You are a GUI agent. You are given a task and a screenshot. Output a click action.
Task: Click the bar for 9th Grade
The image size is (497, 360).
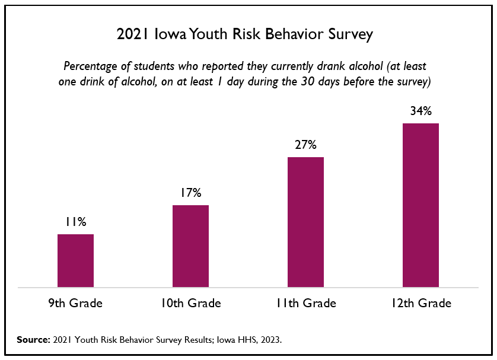tap(75, 261)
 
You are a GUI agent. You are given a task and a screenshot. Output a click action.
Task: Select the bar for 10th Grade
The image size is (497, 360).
tap(190, 246)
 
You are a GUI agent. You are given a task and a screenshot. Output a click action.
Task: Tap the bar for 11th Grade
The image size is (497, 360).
tap(305, 222)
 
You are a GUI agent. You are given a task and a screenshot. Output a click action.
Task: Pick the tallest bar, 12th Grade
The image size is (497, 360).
tap(420, 205)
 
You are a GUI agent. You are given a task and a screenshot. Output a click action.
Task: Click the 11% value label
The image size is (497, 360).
tap(75, 222)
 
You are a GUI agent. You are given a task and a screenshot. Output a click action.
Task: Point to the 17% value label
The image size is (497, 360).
tap(190, 193)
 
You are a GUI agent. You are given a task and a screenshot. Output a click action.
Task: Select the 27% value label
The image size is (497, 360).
tap(305, 145)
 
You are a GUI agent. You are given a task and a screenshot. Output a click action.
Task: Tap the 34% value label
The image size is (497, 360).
tap(420, 111)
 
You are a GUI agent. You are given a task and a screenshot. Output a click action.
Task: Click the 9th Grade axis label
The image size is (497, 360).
tap(75, 303)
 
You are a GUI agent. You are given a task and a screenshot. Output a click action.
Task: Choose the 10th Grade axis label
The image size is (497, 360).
tap(190, 303)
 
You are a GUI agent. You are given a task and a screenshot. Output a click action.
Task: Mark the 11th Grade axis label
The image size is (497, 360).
tap(305, 303)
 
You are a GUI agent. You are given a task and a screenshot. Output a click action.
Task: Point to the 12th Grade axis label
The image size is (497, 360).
tap(420, 303)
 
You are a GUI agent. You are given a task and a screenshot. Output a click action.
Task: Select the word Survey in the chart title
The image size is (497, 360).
tap(352, 35)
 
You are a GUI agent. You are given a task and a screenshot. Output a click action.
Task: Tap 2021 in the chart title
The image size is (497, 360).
tap(133, 34)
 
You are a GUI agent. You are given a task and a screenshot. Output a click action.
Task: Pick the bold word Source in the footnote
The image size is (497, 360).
tap(33, 340)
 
